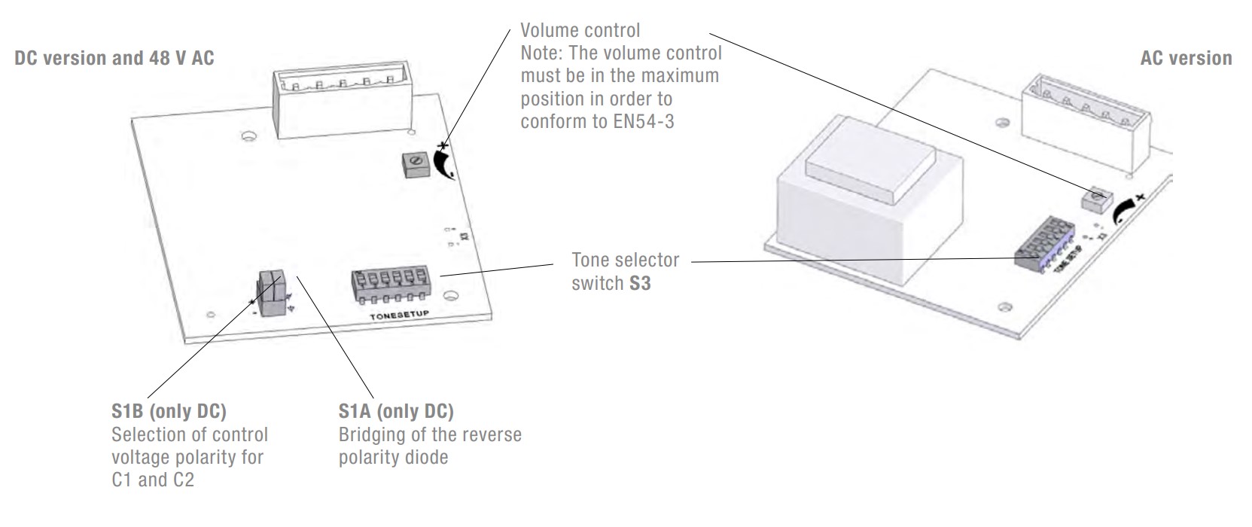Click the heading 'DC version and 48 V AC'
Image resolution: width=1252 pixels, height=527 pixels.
[x=114, y=58]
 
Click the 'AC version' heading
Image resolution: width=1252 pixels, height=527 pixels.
[x=1186, y=58]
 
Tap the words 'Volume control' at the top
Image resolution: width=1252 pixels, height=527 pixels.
[x=580, y=30]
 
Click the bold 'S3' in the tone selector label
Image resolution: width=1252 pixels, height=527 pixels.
[x=640, y=283]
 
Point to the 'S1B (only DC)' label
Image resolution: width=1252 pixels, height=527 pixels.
[x=169, y=411]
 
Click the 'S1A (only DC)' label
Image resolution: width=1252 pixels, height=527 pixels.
[x=396, y=411]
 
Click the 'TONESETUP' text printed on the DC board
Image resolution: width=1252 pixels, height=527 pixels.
[x=398, y=315]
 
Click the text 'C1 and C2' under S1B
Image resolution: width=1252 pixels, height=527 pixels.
[x=153, y=480]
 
